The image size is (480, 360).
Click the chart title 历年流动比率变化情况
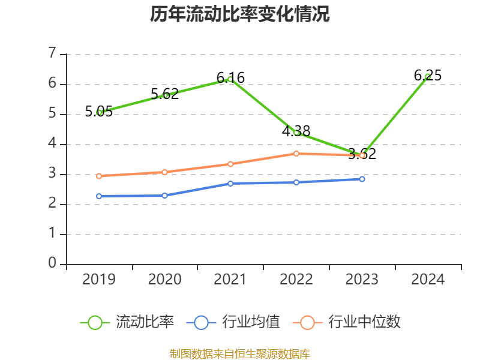(240, 14)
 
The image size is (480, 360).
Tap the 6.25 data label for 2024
(428, 76)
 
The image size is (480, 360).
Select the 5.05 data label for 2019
(98, 111)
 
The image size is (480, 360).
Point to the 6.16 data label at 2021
(230, 78)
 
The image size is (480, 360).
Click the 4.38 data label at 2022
(296, 131)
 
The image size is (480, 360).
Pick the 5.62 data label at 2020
(164, 94)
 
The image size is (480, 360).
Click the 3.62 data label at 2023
(362, 154)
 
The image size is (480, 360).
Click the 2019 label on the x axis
(98, 280)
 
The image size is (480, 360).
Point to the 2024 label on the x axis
(428, 280)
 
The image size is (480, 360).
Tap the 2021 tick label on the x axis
(230, 280)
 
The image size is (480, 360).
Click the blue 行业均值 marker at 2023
(362, 179)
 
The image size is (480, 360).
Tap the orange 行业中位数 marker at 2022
(296, 154)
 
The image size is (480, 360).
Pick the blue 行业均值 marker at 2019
(98, 196)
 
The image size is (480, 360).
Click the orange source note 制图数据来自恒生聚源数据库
(240, 353)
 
